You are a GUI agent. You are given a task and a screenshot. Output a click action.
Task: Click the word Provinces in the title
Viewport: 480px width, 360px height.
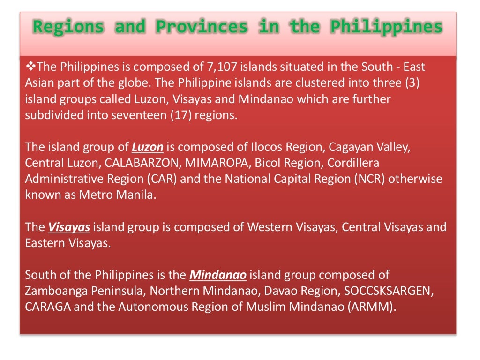tap(202, 27)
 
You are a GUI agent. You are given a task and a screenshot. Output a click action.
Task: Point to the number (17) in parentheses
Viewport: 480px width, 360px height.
tap(179, 115)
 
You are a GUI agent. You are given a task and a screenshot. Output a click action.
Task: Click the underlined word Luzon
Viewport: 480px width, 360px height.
tap(147, 147)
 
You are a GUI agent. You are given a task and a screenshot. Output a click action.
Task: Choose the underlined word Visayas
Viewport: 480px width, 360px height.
tap(69, 227)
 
